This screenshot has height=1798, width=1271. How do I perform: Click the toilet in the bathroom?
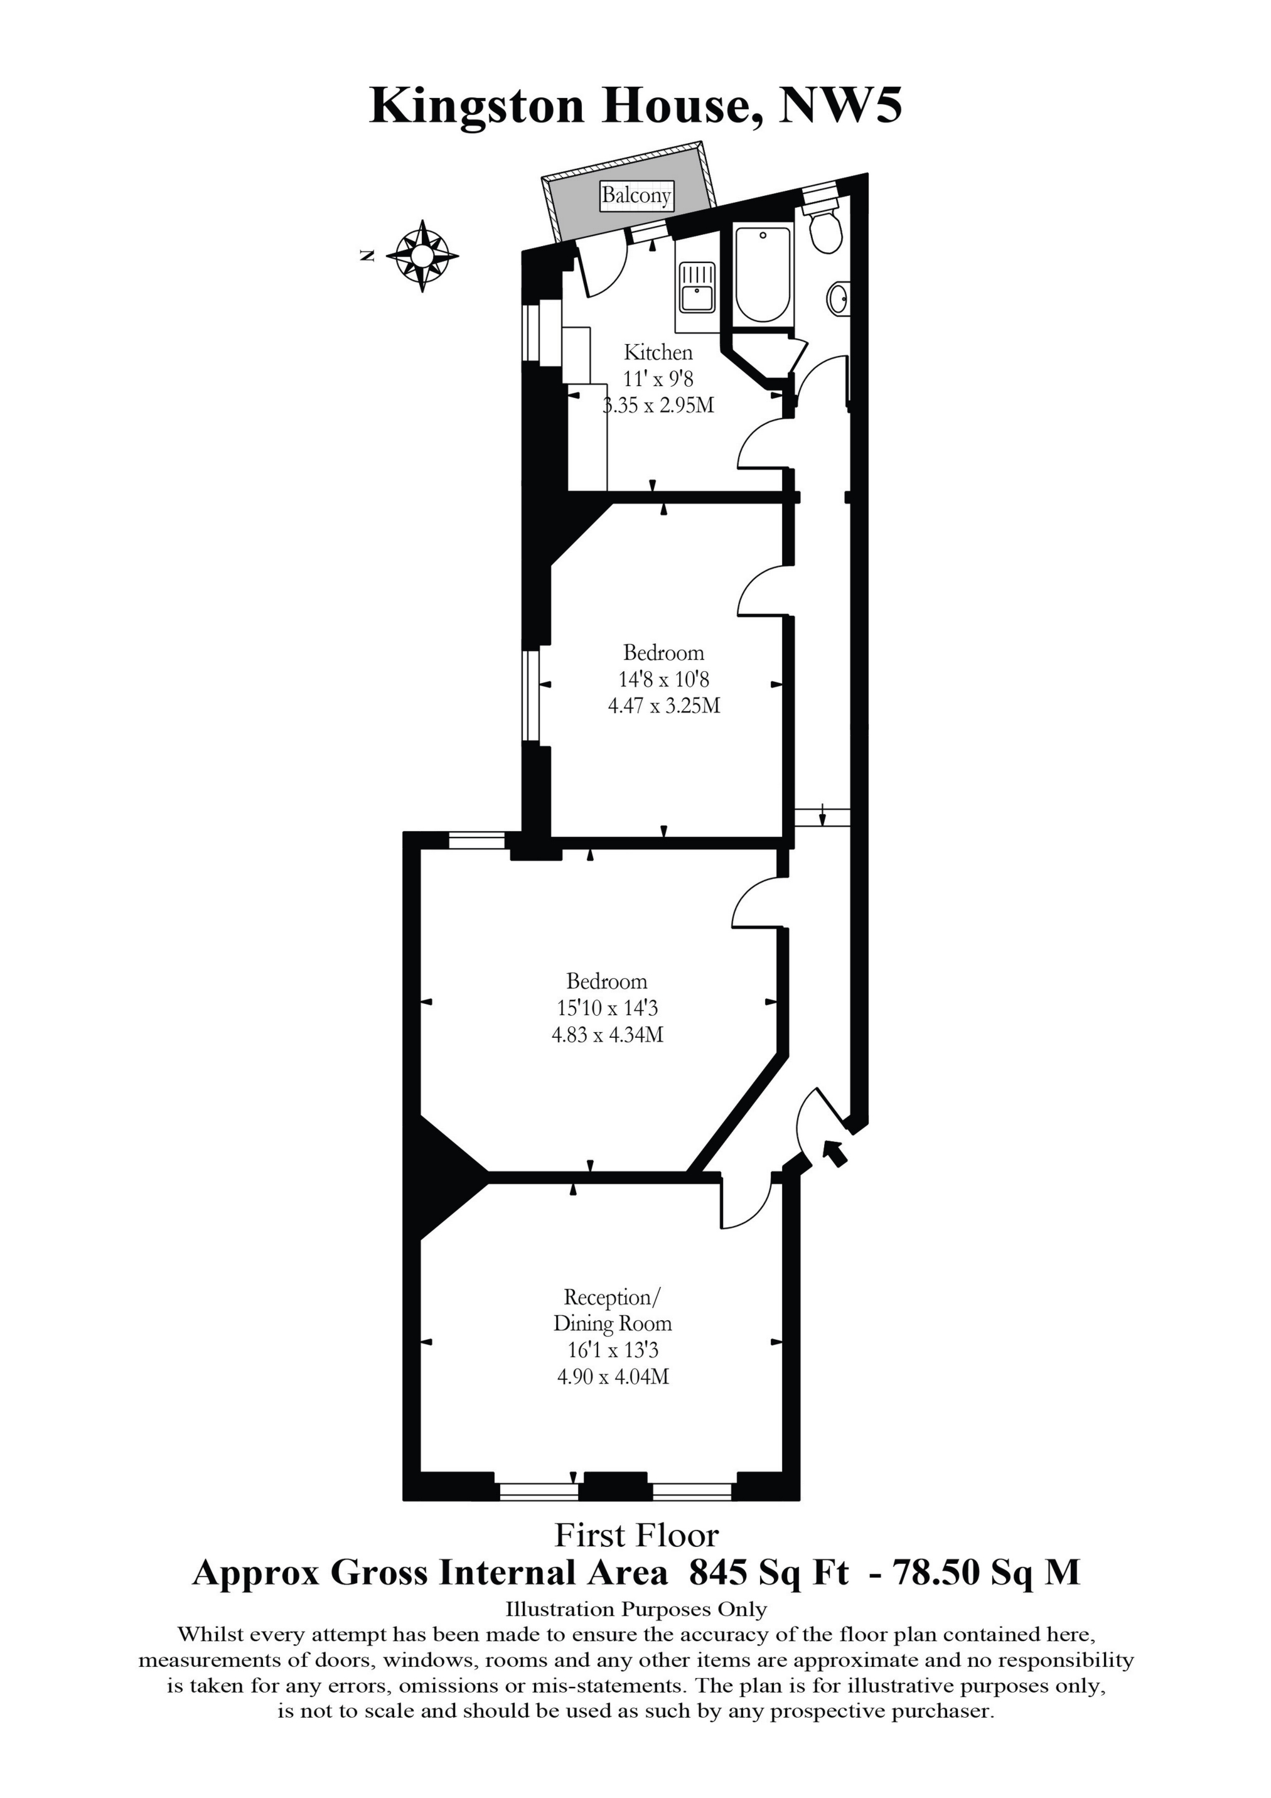825,229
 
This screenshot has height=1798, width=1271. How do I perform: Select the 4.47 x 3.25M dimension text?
664,706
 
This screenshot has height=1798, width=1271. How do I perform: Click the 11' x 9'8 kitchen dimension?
658,379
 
